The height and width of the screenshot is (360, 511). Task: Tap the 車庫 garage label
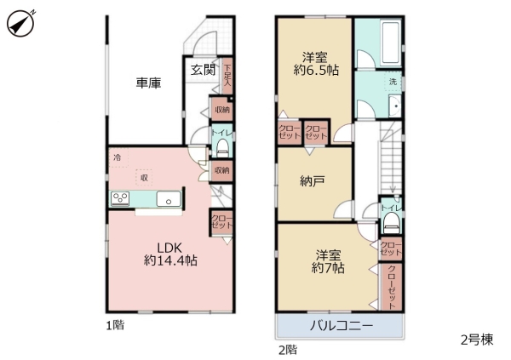pos(149,83)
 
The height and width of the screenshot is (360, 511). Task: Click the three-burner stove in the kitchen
pos(120,200)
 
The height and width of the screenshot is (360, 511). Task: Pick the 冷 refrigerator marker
pos(117,157)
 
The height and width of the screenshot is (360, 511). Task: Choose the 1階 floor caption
pos(114,324)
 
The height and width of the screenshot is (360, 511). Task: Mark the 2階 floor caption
pos(286,349)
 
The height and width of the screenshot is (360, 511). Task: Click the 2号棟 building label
pos(477,340)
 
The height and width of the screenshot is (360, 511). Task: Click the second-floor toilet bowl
pos(391,223)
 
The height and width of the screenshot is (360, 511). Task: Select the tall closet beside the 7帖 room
pos(393,285)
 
